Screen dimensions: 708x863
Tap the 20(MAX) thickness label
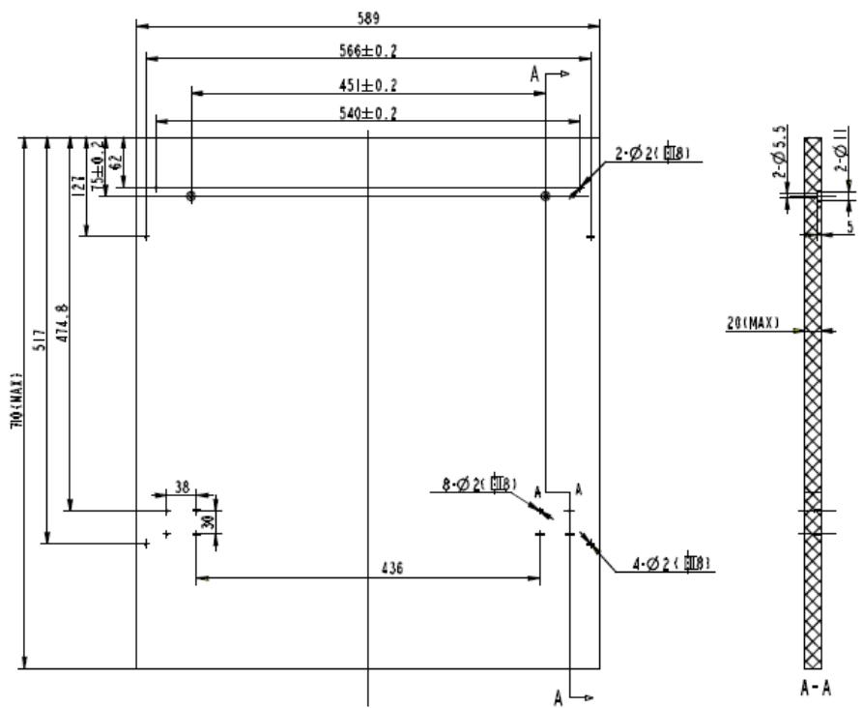click(x=754, y=322)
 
